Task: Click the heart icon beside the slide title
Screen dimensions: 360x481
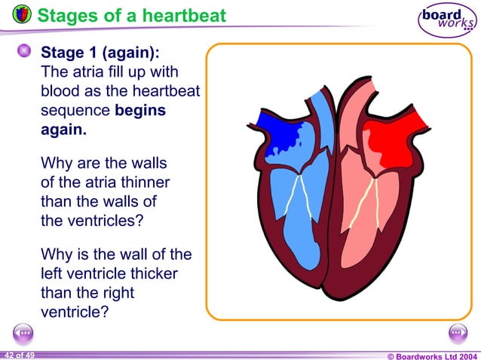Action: click(x=22, y=14)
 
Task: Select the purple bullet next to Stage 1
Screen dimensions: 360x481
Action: click(x=25, y=51)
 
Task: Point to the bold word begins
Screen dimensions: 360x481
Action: click(x=140, y=110)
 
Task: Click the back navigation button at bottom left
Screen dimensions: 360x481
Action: click(x=23, y=333)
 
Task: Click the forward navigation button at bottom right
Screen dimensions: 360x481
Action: click(x=458, y=333)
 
